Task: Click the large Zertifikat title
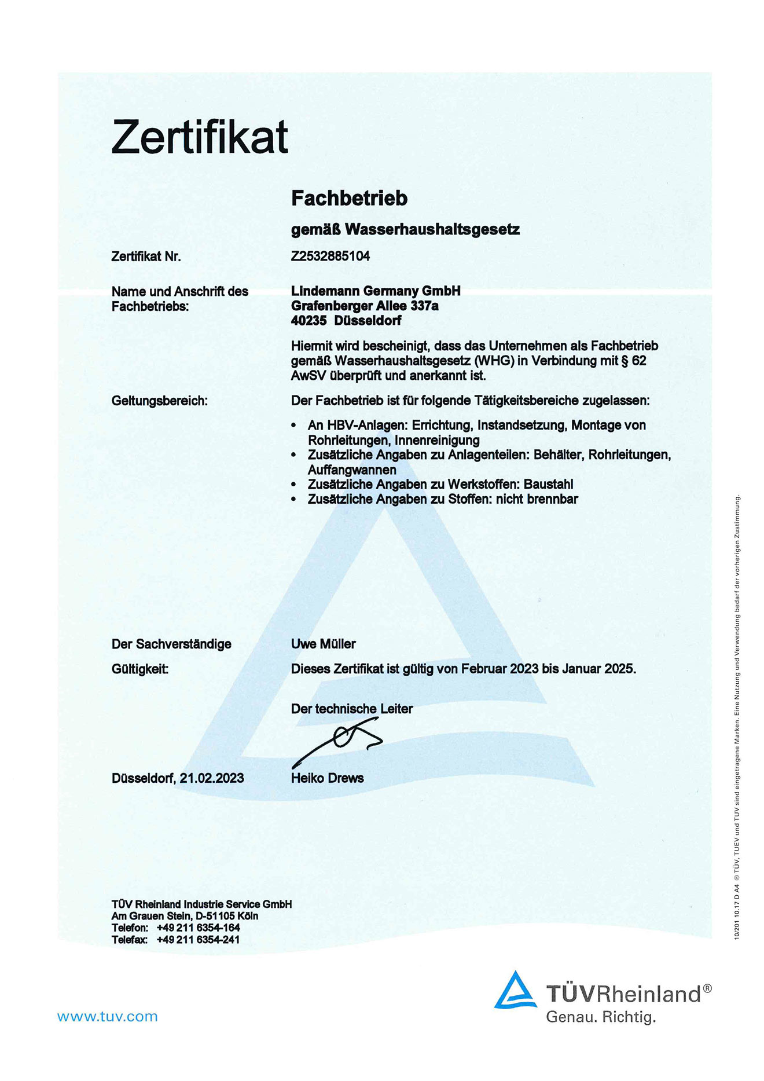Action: pyautogui.click(x=200, y=137)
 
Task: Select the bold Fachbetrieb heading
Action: pyautogui.click(x=349, y=199)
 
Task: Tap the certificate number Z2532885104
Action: pyautogui.click(x=330, y=256)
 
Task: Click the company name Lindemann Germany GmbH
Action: pyautogui.click(x=376, y=291)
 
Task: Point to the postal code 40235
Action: pyautogui.click(x=308, y=321)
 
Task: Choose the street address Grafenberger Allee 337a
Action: pyautogui.click(x=365, y=306)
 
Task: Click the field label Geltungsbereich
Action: pyautogui.click(x=159, y=401)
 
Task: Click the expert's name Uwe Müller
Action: pyautogui.click(x=323, y=644)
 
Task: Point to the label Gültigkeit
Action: pyautogui.click(x=140, y=669)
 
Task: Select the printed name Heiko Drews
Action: pyautogui.click(x=327, y=778)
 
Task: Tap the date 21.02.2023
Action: pyautogui.click(x=211, y=778)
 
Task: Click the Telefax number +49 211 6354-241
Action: pyautogui.click(x=198, y=940)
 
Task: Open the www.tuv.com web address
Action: pyautogui.click(x=107, y=1017)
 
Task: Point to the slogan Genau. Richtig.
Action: pyautogui.click(x=601, y=1017)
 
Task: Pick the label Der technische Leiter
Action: pyautogui.click(x=352, y=709)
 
